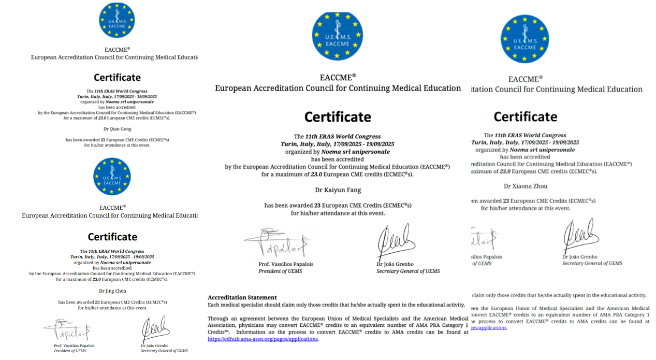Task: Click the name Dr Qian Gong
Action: (117, 129)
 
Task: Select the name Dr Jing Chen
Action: (112, 291)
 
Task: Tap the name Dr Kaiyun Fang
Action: (338, 190)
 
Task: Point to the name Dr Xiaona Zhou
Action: (526, 186)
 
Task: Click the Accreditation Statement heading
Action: (242, 297)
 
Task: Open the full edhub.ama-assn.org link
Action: (263, 339)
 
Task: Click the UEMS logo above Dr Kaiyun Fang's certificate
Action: (338, 36)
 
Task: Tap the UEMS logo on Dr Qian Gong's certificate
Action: (117, 20)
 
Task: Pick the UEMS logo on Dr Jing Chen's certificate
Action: (112, 177)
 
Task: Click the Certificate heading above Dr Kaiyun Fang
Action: (338, 117)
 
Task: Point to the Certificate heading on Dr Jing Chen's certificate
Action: (112, 237)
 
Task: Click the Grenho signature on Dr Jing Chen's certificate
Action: (155, 328)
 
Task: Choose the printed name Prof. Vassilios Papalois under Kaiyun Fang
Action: (286, 264)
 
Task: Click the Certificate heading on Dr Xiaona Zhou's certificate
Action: (525, 117)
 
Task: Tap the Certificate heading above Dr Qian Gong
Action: (117, 78)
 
